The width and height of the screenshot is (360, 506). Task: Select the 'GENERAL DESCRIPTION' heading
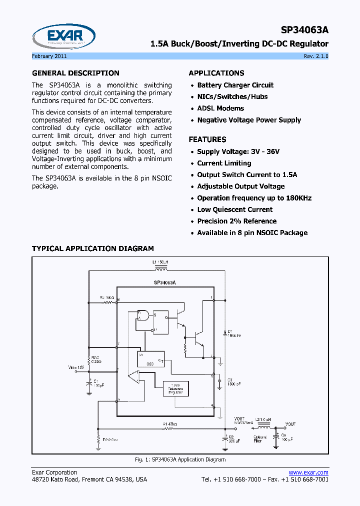click(x=75, y=73)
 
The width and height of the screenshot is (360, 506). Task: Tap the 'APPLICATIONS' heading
click(x=216, y=73)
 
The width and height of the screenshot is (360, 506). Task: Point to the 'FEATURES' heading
click(x=207, y=139)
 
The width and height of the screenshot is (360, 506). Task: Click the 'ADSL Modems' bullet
click(x=220, y=108)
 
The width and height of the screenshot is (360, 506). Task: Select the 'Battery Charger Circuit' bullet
click(x=235, y=85)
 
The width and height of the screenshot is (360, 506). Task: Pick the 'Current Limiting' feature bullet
click(x=224, y=163)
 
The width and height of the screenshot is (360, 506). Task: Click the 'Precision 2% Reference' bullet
click(x=236, y=221)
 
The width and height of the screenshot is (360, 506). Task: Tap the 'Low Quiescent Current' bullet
click(x=234, y=210)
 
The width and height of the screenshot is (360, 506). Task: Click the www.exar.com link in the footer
click(x=308, y=472)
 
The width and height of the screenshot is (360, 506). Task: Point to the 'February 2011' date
click(x=49, y=56)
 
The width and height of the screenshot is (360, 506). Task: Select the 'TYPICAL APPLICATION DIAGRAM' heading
click(x=93, y=248)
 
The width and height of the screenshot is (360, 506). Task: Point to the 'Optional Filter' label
click(x=260, y=438)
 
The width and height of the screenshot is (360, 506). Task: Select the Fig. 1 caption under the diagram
click(x=180, y=459)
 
